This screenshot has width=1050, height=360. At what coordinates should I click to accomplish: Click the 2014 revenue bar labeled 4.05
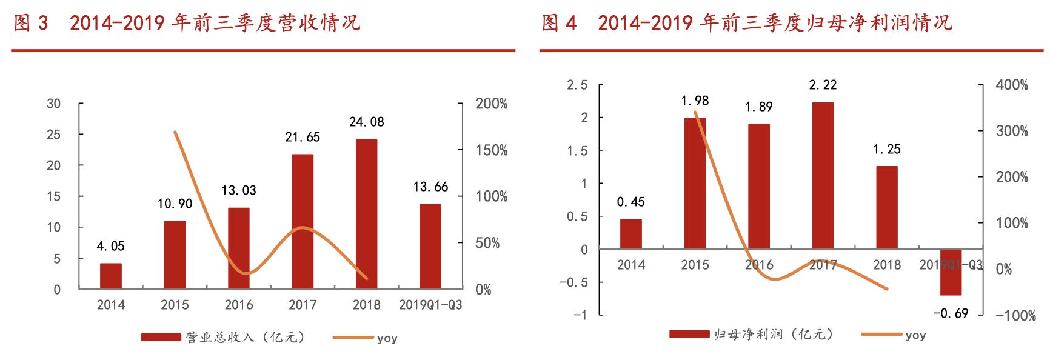tap(111, 276)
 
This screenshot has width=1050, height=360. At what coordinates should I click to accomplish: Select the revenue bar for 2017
tap(303, 222)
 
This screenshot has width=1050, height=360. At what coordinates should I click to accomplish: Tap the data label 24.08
tap(366, 122)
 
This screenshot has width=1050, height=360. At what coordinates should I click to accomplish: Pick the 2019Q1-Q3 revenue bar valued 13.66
tap(430, 247)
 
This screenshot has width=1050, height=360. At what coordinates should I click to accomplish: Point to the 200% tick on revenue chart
tap(492, 104)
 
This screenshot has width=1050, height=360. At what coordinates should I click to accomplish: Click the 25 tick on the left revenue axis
tap(54, 135)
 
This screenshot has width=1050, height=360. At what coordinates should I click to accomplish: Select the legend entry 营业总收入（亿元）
tap(222, 338)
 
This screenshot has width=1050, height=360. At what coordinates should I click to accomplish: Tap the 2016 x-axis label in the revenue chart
tap(239, 305)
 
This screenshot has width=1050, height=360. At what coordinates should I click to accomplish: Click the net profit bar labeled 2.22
tap(823, 176)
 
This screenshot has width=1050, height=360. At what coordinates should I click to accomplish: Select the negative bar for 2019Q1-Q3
tap(951, 272)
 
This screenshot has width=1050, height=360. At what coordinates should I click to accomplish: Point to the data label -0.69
tap(950, 313)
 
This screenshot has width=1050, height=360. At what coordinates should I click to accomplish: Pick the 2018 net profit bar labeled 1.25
tap(887, 207)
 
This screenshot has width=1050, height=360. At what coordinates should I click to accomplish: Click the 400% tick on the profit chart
tap(1012, 85)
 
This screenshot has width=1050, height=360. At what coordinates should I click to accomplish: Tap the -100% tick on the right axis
tap(1012, 315)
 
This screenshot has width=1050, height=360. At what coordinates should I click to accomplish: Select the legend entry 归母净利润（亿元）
tap(752, 335)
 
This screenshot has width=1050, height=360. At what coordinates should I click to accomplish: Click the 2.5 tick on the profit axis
tap(577, 85)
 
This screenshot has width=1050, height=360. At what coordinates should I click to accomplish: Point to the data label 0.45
tap(630, 202)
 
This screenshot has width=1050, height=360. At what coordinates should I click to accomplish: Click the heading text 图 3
tap(30, 23)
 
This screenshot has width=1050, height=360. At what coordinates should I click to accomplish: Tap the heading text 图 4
tap(558, 23)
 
